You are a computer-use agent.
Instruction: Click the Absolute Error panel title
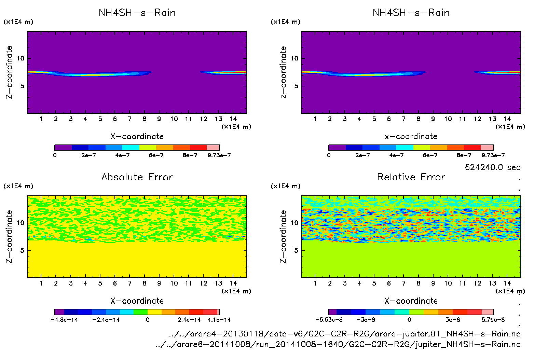[137, 177]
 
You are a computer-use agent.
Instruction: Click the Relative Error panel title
[411, 177]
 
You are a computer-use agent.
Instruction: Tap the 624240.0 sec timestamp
[492, 167]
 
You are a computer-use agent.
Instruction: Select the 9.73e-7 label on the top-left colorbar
[219, 155]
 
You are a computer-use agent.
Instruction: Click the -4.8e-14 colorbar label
[64, 320]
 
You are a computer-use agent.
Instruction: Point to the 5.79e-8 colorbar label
[493, 320]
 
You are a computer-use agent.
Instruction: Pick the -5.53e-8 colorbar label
[329, 320]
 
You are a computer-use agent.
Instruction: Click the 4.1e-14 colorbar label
[219, 320]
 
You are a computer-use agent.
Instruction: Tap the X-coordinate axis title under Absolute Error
[137, 301]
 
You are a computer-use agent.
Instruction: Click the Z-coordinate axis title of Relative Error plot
[283, 236]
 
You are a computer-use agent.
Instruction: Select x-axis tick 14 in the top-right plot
[507, 119]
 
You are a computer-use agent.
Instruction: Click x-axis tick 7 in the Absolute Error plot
[129, 283]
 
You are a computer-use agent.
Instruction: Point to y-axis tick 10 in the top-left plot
[21, 58]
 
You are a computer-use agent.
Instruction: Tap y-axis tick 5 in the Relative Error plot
[296, 250]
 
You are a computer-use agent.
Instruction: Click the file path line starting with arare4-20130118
[344, 334]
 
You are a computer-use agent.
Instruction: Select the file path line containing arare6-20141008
[338, 344]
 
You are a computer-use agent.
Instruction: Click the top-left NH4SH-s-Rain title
[137, 13]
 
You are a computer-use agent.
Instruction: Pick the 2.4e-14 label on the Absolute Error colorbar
[189, 320]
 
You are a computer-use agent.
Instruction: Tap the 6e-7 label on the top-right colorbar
[430, 155]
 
